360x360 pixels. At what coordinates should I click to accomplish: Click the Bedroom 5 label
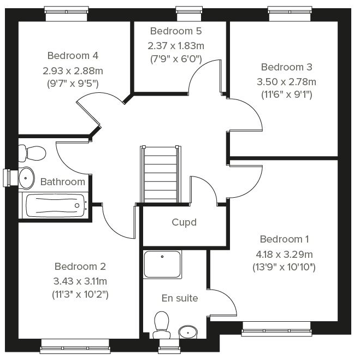[x=176, y=31]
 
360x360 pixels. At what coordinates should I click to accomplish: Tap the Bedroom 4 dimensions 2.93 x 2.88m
[x=73, y=71]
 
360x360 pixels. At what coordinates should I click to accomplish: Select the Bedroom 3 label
[x=287, y=67]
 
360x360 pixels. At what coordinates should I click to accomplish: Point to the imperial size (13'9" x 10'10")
[x=284, y=267]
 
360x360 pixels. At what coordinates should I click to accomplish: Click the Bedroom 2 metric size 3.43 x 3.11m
[x=80, y=281]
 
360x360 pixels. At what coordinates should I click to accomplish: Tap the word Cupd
[x=184, y=222]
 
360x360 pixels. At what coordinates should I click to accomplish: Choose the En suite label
[x=180, y=298]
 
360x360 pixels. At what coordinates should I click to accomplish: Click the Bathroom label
[x=63, y=182]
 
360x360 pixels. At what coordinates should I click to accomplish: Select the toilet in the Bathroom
[x=32, y=153]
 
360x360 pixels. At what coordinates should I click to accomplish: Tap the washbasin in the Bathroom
[x=26, y=178]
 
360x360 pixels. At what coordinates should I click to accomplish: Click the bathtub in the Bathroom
[x=55, y=205]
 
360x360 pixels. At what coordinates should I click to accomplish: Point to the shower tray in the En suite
[x=162, y=264]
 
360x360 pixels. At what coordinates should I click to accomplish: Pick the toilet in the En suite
[x=162, y=325]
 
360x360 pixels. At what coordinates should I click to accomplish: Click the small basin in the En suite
[x=188, y=332]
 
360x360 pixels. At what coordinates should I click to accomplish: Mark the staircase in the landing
[x=161, y=174]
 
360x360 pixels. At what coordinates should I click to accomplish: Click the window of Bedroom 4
[x=66, y=13]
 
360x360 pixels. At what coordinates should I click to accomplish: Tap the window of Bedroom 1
[x=276, y=329]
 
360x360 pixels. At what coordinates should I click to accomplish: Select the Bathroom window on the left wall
[x=11, y=178]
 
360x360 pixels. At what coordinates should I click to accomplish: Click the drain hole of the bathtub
[x=77, y=205]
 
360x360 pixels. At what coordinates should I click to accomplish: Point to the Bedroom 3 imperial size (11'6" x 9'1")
[x=287, y=95]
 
